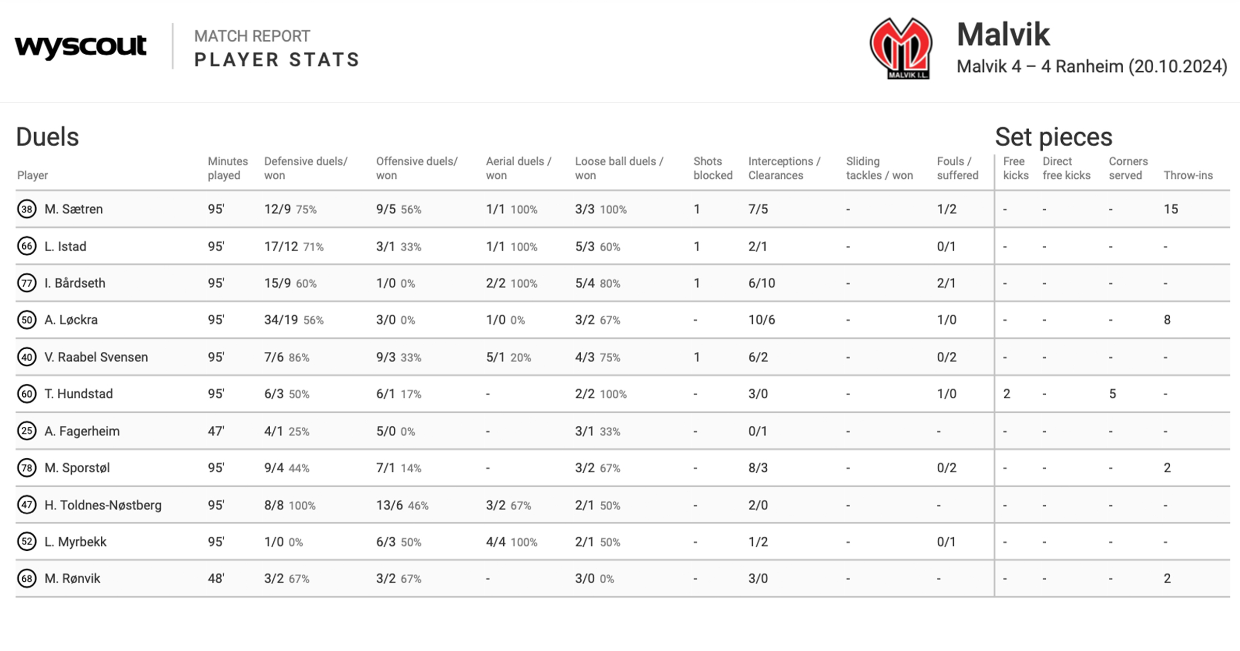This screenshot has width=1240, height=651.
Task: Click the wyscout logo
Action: click(81, 47)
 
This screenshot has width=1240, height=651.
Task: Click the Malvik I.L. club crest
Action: click(901, 49)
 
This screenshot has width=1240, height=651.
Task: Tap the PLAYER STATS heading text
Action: click(277, 60)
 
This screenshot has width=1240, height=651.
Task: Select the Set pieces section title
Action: click(1053, 137)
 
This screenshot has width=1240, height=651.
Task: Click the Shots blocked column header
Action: click(712, 168)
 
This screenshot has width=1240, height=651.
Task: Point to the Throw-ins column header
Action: click(1188, 176)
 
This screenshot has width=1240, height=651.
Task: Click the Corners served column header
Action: click(1128, 168)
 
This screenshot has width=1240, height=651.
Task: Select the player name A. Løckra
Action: click(71, 320)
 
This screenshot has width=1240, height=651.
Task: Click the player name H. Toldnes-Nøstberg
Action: click(103, 505)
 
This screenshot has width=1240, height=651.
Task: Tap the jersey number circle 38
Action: click(26, 209)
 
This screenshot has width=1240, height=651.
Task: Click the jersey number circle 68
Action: click(26, 579)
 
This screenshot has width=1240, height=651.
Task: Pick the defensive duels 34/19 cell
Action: click(281, 320)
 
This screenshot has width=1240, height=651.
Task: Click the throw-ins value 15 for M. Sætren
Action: click(1170, 209)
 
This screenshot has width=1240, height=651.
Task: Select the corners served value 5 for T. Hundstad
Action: click(1112, 394)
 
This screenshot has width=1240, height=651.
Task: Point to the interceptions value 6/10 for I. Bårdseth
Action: click(762, 283)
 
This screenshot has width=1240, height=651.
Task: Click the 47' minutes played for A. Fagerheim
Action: click(216, 431)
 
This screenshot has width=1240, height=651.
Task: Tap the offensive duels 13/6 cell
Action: click(390, 505)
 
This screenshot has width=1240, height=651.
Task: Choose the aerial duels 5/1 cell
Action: click(495, 357)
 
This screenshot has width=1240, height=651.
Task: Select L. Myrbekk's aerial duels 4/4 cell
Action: click(495, 542)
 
